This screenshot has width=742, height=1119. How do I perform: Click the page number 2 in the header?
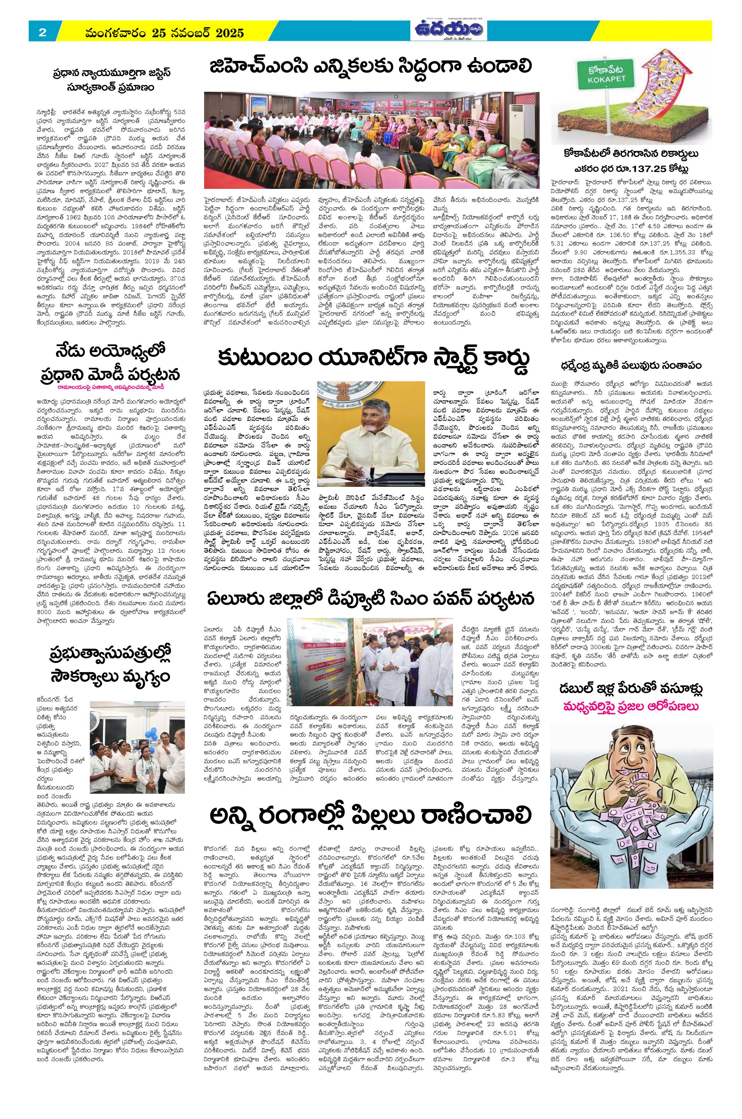[42, 33]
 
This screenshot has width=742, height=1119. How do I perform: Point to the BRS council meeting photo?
[371, 140]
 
